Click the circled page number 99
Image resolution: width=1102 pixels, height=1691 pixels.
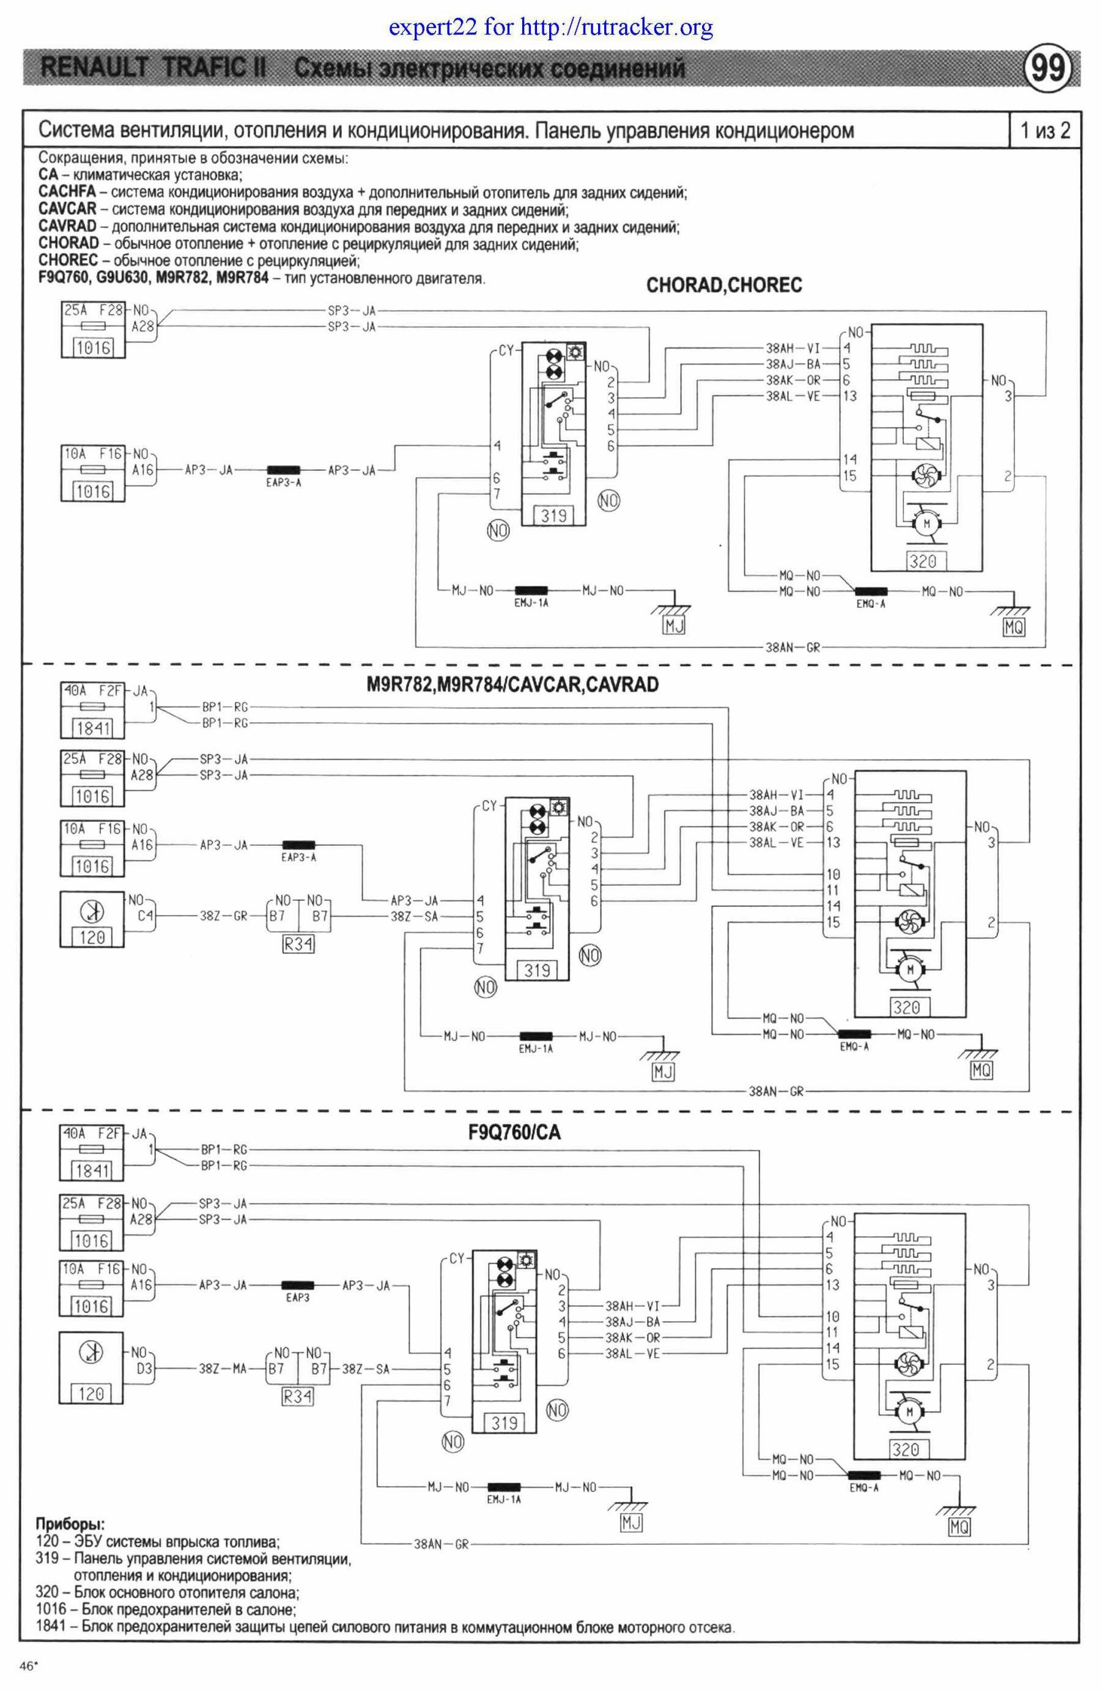click(1048, 69)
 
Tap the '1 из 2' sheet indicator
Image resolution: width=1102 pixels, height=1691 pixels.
click(1045, 130)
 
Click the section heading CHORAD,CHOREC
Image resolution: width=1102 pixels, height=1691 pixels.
click(723, 286)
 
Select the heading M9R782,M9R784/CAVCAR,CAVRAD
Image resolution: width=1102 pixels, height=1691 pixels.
click(512, 685)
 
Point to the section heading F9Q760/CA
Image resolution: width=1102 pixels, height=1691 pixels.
click(514, 1132)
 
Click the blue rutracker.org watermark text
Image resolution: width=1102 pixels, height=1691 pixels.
click(550, 28)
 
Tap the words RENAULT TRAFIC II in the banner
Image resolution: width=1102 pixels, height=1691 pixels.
click(153, 69)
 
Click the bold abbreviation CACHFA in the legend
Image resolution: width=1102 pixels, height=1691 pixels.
click(67, 192)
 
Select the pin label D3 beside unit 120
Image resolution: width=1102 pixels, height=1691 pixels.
click(144, 1369)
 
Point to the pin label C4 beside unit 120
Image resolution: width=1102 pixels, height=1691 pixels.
click(145, 917)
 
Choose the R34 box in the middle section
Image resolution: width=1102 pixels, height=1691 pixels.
click(298, 944)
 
